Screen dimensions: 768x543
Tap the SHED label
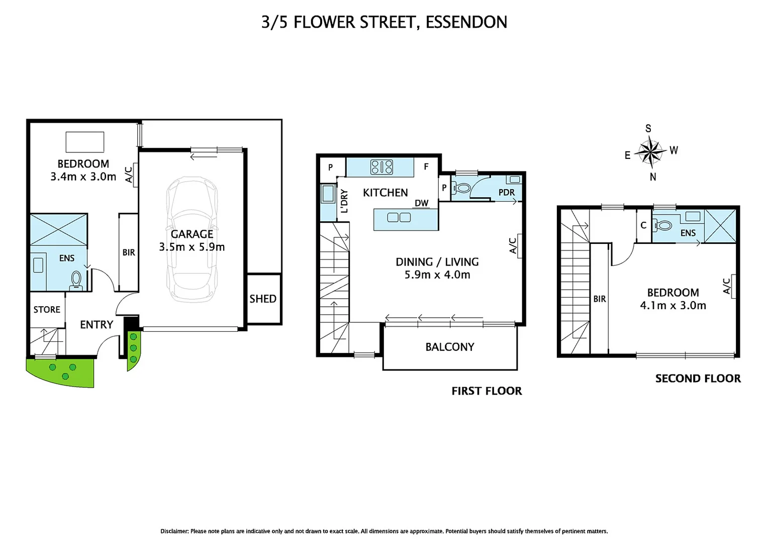263,299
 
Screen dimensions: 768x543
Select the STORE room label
47,310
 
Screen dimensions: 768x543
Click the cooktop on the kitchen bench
381,167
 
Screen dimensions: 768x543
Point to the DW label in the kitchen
421,203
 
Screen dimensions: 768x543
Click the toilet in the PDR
461,188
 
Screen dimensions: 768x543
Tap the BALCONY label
450,347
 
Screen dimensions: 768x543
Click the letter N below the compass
653,177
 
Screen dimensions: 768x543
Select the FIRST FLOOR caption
487,391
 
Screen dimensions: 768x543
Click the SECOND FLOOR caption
698,379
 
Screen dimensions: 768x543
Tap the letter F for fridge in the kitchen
426,167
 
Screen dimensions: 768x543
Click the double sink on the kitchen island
399,218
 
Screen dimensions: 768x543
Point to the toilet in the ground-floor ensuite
76,281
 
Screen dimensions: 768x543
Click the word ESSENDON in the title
466,22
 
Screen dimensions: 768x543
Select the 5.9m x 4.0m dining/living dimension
437,275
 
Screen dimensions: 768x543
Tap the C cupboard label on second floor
643,225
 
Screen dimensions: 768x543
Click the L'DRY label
345,201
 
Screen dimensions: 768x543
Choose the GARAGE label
192,234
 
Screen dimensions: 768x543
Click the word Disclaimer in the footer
174,531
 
